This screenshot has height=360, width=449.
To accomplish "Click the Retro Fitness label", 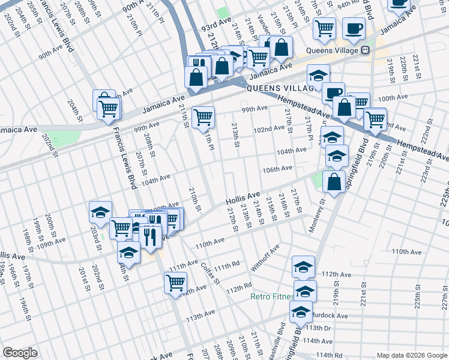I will (x=272, y=297).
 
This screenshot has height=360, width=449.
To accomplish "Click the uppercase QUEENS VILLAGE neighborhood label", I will (x=281, y=88).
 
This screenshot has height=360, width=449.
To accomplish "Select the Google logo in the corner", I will (x=20, y=353).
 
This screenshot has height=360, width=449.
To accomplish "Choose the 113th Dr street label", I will (x=318, y=328).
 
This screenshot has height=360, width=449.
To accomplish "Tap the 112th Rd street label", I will (x=238, y=289).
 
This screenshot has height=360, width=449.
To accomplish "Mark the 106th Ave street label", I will (x=277, y=169).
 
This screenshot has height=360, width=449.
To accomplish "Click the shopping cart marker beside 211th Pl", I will (x=203, y=116).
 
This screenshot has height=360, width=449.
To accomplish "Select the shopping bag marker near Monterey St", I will (x=334, y=181).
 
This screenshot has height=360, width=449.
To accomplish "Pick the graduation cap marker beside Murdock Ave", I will (x=301, y=311).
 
